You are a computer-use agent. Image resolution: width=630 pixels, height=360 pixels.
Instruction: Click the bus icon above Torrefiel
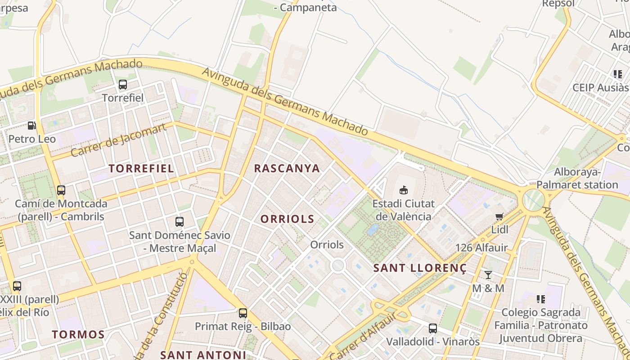pos(122,84)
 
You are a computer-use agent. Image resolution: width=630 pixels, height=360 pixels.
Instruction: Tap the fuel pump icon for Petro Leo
pos(31,126)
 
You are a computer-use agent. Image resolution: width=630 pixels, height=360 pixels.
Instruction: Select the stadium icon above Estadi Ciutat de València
pos(403,190)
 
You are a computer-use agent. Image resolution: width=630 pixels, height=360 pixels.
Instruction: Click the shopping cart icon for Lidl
pos(499,217)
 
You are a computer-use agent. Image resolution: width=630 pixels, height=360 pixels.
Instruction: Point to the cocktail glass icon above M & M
pos(488,274)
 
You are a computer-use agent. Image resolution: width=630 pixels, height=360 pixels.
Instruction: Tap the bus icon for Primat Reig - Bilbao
pos(243,313)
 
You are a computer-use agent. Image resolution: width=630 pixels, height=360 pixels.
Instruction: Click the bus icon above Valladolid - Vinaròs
pos(432,328)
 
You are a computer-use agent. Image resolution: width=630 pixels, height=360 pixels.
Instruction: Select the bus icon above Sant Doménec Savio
pos(179,221)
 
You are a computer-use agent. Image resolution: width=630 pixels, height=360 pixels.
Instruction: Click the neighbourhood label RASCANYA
pos(287,169)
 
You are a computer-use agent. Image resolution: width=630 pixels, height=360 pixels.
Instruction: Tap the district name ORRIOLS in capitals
pos(287,219)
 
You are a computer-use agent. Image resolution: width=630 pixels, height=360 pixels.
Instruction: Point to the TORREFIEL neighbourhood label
pos(141,169)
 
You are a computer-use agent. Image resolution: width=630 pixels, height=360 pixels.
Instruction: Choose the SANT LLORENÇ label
pos(420,268)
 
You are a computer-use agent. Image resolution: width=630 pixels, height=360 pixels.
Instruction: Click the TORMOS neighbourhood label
pos(78,335)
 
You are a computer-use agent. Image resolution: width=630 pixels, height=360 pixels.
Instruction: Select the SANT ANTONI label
pos(203,355)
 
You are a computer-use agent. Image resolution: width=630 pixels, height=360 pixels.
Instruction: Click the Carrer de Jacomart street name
pos(118,139)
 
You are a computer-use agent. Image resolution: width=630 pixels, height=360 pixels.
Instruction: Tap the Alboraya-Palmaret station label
pos(577,178)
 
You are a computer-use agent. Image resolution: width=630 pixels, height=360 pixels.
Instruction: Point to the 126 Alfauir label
pos(481,247)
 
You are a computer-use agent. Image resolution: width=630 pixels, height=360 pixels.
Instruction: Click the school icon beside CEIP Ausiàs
pos(617,74)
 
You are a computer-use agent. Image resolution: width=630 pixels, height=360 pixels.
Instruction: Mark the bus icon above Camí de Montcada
pos(61,190)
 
